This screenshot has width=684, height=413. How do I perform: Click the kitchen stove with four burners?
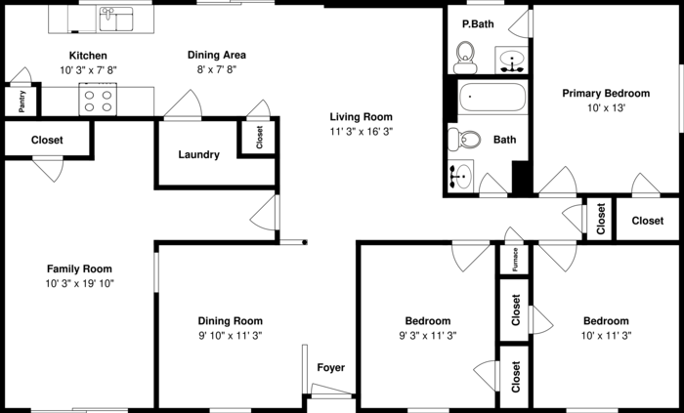click(x=98, y=99)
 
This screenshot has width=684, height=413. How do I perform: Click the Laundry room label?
click(x=199, y=154)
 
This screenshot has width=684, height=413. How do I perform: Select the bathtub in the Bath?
click(x=492, y=98)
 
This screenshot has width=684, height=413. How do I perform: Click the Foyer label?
click(x=330, y=367)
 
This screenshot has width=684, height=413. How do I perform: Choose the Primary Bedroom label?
click(x=605, y=93)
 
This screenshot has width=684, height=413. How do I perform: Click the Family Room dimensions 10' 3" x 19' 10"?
click(x=79, y=284)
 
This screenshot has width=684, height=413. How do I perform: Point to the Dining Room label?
click(x=230, y=320)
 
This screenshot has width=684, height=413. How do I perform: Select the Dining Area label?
click(x=216, y=55)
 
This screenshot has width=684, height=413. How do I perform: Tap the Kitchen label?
click(x=87, y=56)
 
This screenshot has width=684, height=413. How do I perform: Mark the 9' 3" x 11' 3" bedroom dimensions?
click(x=428, y=336)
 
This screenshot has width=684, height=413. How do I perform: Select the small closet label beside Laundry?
click(x=260, y=138)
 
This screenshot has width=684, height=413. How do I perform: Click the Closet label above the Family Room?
click(x=47, y=140)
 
